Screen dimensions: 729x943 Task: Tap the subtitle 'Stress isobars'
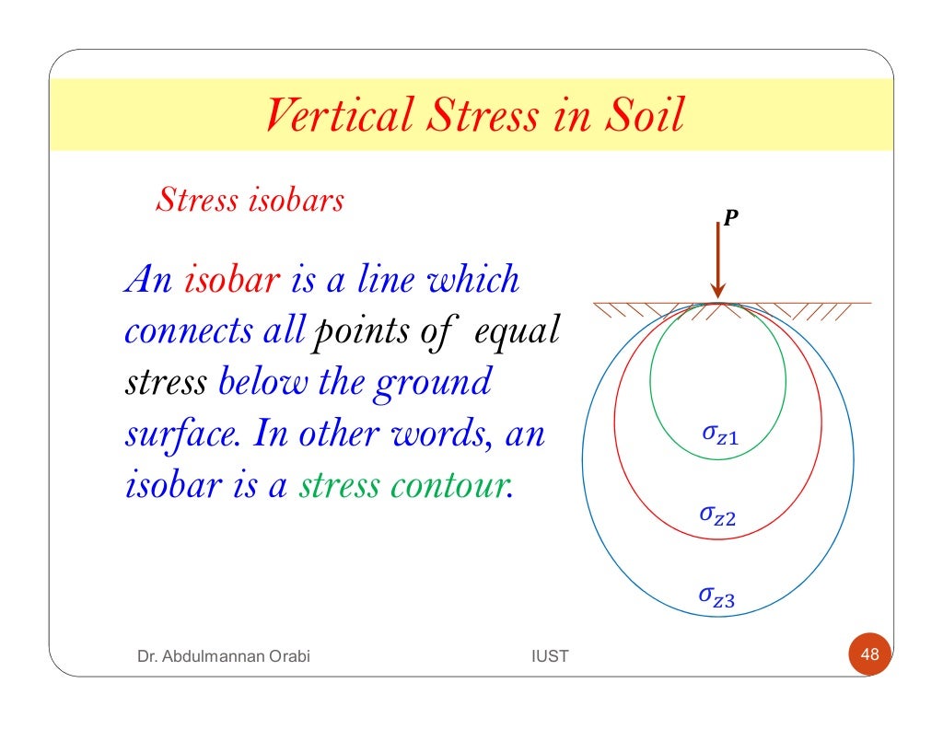(250, 200)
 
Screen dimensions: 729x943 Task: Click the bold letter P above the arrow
(729, 218)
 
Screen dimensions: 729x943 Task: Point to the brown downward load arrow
(718, 267)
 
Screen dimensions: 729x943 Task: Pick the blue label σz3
(716, 598)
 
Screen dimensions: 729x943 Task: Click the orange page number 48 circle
(869, 655)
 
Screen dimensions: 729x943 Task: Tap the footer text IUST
(551, 656)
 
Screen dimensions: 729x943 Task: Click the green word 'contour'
(459, 486)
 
